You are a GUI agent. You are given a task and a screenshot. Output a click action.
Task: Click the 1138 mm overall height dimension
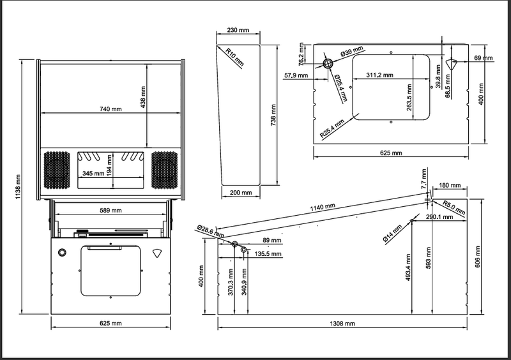(x=18, y=187)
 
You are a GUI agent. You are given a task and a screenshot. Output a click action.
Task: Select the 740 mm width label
(x=111, y=109)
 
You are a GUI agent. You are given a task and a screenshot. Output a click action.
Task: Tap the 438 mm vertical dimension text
(x=142, y=97)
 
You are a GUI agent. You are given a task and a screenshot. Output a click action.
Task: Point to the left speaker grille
(x=57, y=170)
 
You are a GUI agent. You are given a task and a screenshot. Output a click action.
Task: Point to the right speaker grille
(x=165, y=170)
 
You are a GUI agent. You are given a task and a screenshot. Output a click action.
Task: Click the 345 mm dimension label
(x=93, y=174)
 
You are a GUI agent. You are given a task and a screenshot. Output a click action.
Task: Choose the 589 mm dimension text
(x=111, y=211)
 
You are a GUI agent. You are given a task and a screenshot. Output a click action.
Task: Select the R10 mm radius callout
(x=234, y=57)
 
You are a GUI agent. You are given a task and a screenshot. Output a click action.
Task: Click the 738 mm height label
(x=273, y=116)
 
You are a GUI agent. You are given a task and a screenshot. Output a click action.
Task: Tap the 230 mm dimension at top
(x=238, y=30)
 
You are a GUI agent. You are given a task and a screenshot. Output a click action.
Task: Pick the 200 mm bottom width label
(x=241, y=193)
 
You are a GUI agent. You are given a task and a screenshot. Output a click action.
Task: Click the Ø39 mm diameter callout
(x=352, y=52)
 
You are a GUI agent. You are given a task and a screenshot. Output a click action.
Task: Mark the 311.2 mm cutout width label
(x=379, y=75)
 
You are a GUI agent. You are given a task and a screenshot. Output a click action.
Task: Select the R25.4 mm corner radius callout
(x=332, y=129)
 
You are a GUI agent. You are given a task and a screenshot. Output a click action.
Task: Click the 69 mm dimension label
(x=484, y=58)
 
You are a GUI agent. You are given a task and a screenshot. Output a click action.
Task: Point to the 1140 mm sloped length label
(x=323, y=207)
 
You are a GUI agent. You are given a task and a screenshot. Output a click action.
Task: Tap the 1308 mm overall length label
(x=342, y=324)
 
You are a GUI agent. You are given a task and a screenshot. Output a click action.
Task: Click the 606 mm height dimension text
(x=478, y=257)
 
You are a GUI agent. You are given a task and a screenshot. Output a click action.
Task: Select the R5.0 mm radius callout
(x=454, y=207)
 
